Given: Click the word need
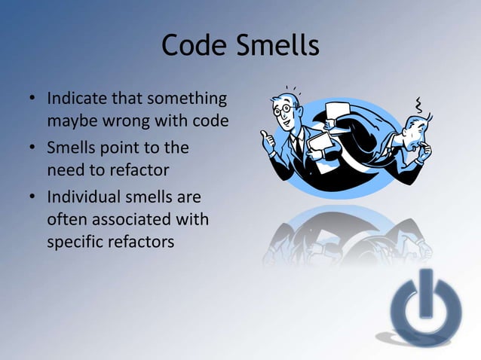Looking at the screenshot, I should click(x=65, y=169).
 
